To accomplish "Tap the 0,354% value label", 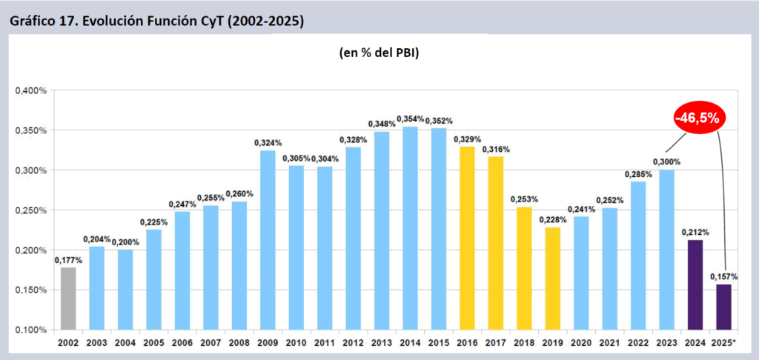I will [x=411, y=119].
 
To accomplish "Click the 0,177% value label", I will [x=67, y=260].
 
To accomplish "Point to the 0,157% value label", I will [x=724, y=277].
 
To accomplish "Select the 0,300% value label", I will [x=666, y=162].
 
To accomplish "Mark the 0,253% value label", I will [x=524, y=199].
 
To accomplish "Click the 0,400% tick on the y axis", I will [x=30, y=90].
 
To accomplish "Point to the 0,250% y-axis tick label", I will [x=30, y=210].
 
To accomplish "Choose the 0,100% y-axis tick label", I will [x=30, y=330].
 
